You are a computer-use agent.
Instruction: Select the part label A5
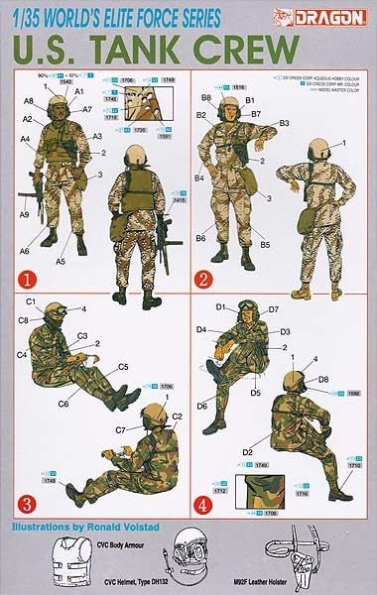tap(61, 261)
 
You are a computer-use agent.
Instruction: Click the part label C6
tap(63, 404)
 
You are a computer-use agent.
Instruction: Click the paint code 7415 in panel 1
tap(180, 200)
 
